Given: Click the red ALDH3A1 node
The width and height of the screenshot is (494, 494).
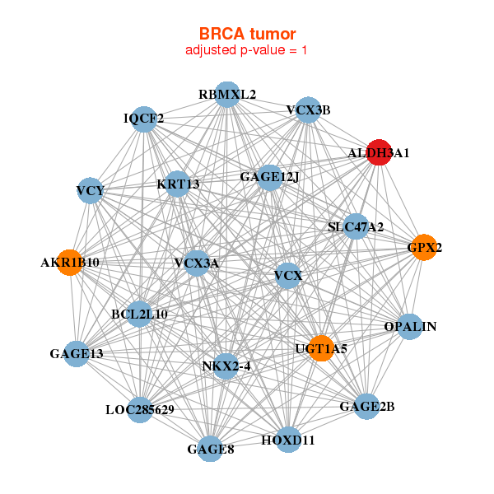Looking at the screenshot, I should click(x=378, y=152).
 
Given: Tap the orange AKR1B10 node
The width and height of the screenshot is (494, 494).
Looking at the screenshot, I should click(x=69, y=263).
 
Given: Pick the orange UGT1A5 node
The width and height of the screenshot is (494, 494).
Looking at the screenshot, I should click(x=320, y=348).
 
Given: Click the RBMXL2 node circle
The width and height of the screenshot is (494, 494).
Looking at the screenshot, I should click(x=227, y=95).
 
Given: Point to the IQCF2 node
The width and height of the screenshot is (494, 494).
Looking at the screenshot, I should click(x=144, y=119).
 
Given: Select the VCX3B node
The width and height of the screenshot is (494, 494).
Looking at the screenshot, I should click(x=307, y=110).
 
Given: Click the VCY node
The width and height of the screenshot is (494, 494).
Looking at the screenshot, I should click(x=90, y=192).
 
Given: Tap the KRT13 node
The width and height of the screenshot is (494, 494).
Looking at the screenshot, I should click(x=179, y=184).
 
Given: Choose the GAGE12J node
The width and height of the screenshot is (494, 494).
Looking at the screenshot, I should click(x=269, y=177).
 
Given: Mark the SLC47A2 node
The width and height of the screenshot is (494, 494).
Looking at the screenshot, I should click(x=355, y=226).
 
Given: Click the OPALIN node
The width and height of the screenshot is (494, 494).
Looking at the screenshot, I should click(x=410, y=327).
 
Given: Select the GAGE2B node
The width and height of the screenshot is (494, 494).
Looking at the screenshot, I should click(x=367, y=406).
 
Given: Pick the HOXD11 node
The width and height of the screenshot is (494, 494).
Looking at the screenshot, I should click(x=288, y=440).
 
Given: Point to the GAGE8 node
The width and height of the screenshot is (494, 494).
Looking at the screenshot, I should click(x=211, y=449).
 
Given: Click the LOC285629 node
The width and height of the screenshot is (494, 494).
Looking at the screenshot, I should click(x=140, y=409).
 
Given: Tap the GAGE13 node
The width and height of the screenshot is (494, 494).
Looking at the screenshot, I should click(x=77, y=354).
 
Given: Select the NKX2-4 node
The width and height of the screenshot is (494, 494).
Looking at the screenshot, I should click(x=226, y=366).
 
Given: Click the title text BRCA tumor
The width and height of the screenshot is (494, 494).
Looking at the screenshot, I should click(x=247, y=34).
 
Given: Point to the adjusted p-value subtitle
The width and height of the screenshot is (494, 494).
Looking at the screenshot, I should click(x=247, y=50).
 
